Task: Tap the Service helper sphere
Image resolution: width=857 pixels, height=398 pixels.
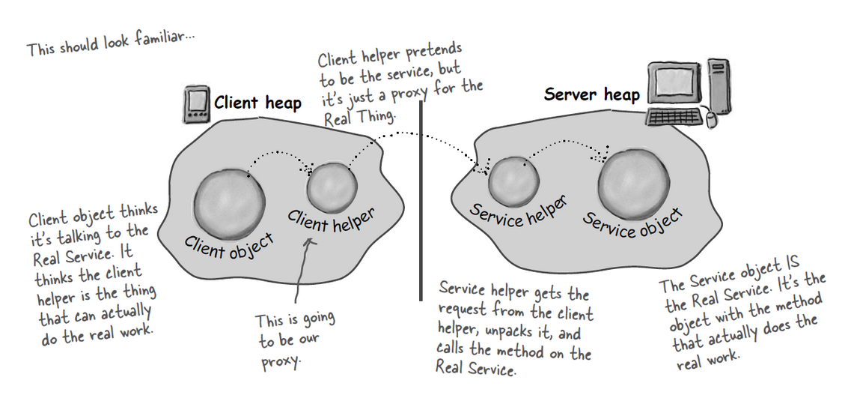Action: (x=513, y=179)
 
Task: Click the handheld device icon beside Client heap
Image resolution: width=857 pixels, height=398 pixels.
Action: (x=196, y=106)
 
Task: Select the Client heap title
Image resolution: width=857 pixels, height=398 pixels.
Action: (x=257, y=103)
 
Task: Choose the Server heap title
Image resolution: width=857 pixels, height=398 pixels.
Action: (x=592, y=94)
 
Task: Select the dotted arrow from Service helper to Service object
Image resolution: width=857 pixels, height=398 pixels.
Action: (x=566, y=150)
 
